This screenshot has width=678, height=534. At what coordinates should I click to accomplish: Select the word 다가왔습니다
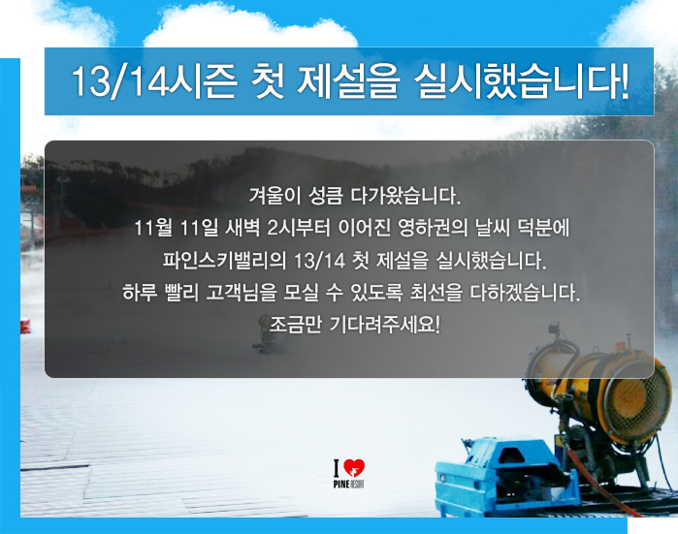tap(405, 196)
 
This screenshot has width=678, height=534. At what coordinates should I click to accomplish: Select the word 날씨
tap(492, 228)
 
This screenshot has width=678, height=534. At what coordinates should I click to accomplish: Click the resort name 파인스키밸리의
tap(224, 260)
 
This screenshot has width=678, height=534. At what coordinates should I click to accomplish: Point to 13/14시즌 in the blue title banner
tap(154, 81)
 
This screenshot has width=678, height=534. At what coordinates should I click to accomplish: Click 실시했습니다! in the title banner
tap(521, 81)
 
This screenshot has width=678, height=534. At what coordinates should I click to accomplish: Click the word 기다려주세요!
tap(385, 325)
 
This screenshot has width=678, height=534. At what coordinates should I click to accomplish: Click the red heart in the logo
tap(354, 468)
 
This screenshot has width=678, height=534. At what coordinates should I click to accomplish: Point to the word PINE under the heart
tap(340, 484)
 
